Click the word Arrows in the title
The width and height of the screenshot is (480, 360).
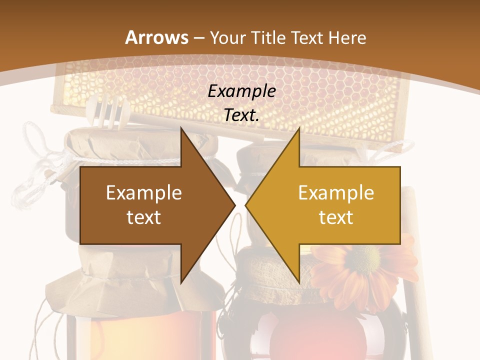tap(156, 37)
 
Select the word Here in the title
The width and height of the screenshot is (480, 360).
tap(347, 37)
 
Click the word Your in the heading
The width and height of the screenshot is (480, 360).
tap(227, 37)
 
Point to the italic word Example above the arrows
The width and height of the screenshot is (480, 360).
tap(241, 91)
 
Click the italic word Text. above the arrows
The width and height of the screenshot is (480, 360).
tap(241, 115)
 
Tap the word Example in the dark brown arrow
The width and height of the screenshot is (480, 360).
tap(144, 192)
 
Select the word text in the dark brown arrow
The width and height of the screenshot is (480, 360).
tap(144, 217)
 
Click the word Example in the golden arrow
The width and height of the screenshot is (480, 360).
tap(336, 192)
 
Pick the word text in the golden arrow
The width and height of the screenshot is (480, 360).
tap(336, 217)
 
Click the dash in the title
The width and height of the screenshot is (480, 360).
tap(198, 38)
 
